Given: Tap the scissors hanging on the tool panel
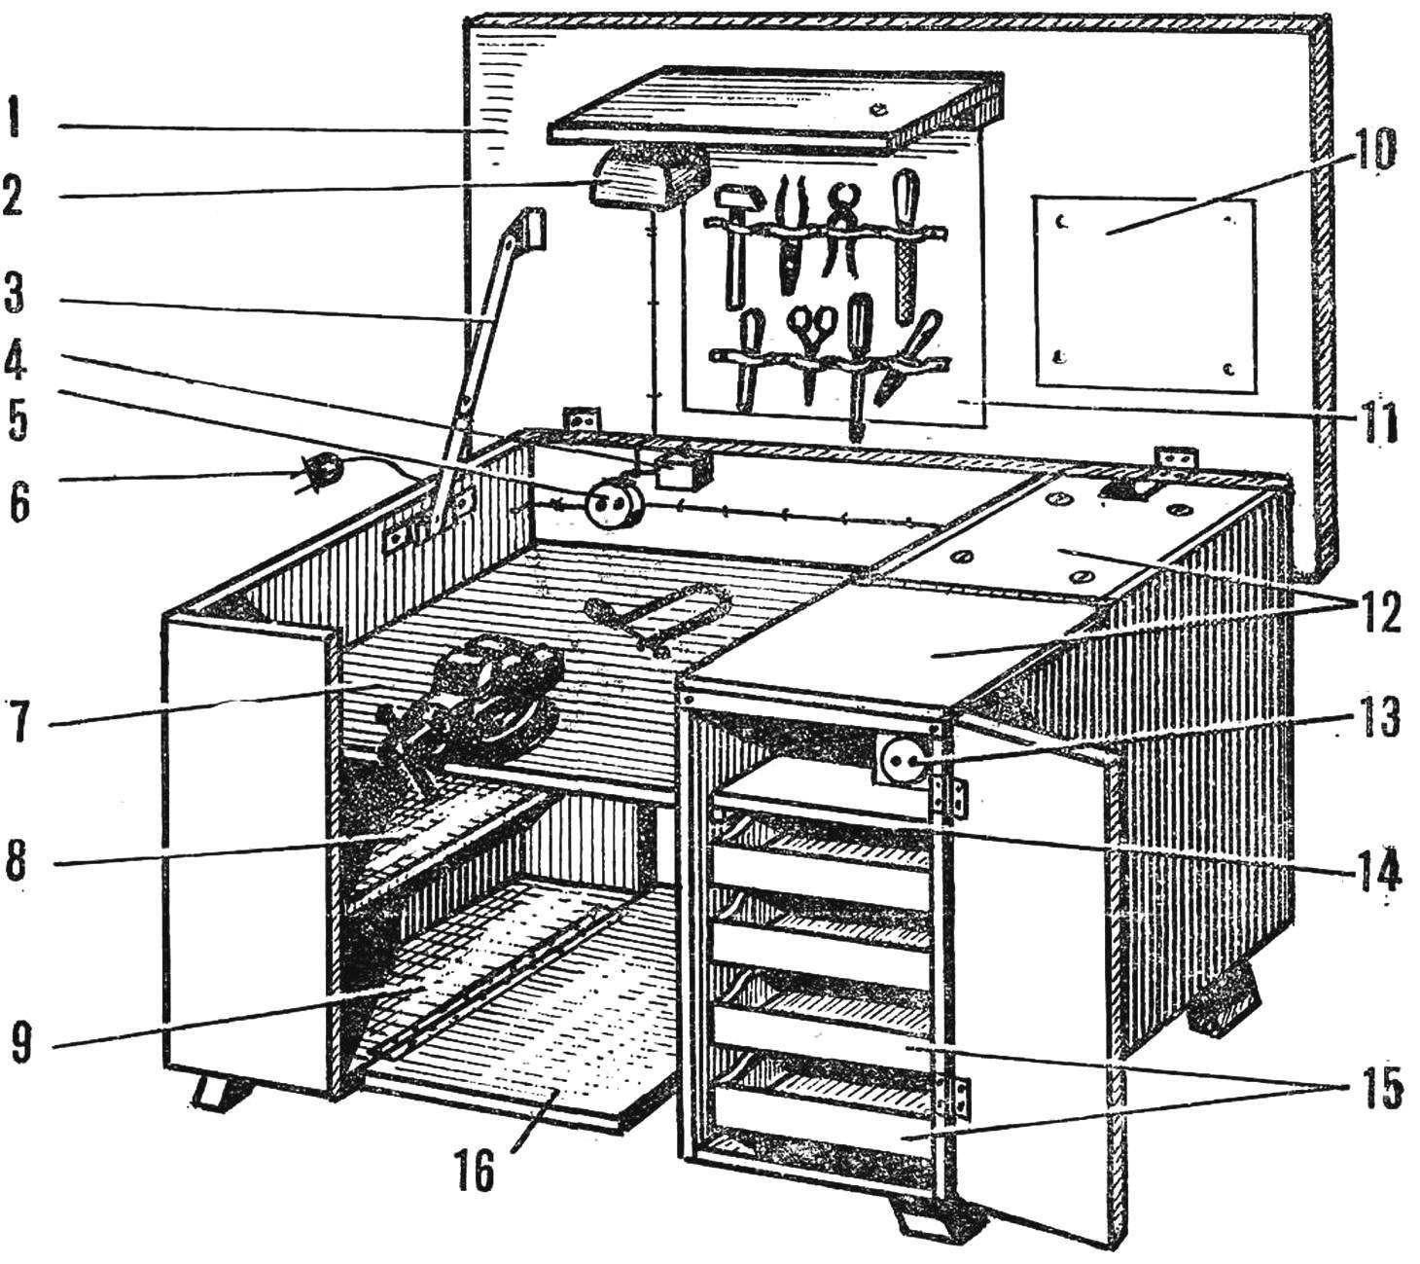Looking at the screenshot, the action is point(813,350).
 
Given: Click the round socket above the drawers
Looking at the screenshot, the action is point(902,761).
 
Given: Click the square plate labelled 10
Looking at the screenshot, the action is point(1144,296).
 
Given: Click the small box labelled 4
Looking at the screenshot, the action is point(675,469).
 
